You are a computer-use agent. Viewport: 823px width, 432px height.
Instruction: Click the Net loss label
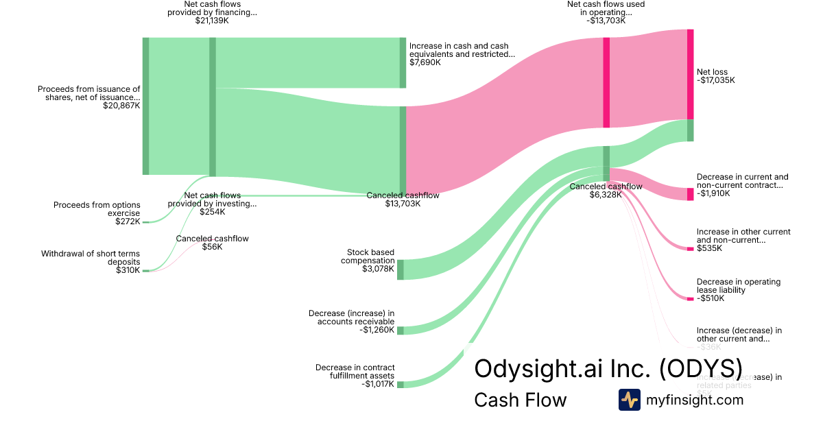(x=712, y=72)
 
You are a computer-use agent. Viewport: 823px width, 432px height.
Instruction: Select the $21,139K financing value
(x=213, y=21)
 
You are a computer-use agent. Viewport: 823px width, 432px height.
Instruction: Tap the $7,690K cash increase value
(x=425, y=62)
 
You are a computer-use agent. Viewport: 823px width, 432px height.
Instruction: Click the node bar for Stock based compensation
(x=401, y=269)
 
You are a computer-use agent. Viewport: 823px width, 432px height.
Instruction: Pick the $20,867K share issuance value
(x=121, y=106)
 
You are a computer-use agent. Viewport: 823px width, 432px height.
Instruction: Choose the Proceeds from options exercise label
(x=97, y=209)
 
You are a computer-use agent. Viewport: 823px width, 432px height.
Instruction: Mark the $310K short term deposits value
(x=128, y=270)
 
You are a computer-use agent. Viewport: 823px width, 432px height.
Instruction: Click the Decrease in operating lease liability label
(x=738, y=286)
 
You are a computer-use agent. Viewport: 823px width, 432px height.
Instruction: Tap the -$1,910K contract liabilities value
(x=713, y=193)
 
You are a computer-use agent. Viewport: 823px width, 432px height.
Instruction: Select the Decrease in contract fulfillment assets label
(x=355, y=372)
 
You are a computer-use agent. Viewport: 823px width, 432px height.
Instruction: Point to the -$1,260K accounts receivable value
(x=377, y=330)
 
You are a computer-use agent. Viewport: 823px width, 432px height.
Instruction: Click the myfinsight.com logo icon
(x=629, y=400)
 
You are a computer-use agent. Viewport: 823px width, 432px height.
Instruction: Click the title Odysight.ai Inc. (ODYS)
(x=608, y=368)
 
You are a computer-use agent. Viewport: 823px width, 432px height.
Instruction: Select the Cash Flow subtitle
(x=520, y=400)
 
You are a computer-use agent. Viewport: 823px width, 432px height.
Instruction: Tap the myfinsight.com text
(x=695, y=400)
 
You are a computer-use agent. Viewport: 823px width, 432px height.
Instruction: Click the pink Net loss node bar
(x=691, y=74)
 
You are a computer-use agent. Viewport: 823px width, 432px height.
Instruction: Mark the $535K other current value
(x=709, y=248)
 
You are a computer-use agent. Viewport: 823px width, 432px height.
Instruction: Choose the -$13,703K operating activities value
(x=606, y=21)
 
